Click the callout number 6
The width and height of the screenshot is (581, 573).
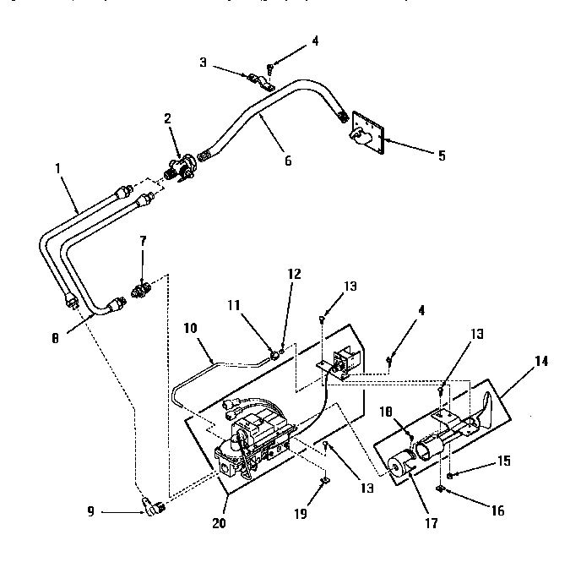tap(288, 160)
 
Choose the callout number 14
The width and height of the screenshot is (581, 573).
tap(540, 361)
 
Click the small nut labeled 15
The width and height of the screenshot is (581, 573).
tap(449, 477)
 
